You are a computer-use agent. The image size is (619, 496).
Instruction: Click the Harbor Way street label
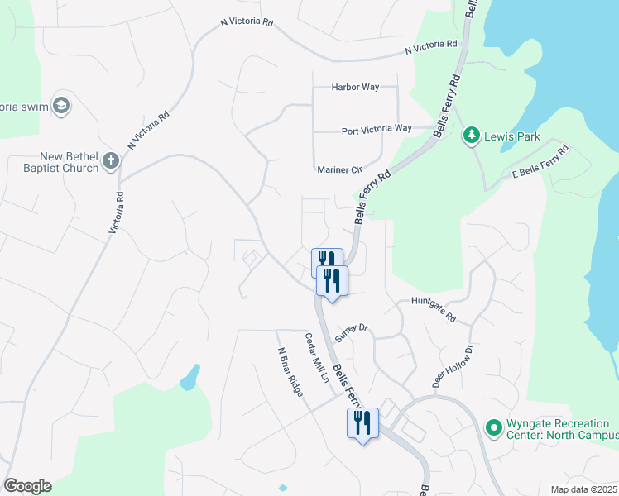click(356, 87)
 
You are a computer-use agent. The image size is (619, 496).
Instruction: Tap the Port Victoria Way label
click(377, 129)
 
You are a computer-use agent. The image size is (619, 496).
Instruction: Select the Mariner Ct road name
click(340, 169)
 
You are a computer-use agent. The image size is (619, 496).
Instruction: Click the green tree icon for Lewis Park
click(472, 134)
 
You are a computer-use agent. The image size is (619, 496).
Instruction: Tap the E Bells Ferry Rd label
click(541, 162)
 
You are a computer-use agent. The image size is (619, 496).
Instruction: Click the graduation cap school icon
click(61, 106)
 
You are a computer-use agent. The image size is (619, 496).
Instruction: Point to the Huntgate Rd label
click(434, 309)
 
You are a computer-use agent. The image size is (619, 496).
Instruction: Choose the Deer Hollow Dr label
click(452, 366)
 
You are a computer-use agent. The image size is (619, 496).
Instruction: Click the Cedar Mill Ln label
click(317, 357)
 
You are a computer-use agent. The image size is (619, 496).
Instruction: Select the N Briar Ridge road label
click(290, 370)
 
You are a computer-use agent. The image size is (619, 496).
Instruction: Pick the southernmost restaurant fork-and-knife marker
click(362, 423)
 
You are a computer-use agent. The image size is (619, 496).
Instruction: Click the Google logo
click(27, 486)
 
